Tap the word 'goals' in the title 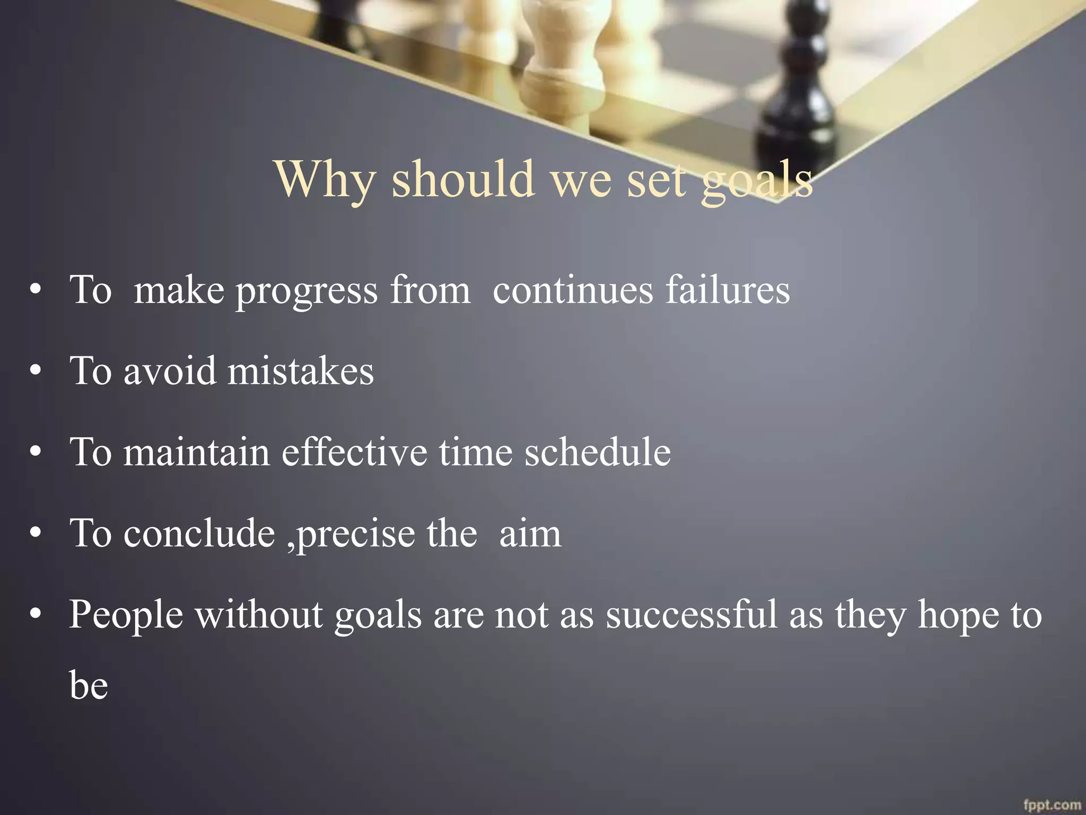[757, 180]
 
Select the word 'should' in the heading [463, 179]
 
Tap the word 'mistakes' [301, 371]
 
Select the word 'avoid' [170, 371]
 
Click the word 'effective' [354, 452]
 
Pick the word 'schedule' [598, 452]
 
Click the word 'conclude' [199, 533]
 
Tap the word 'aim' [530, 534]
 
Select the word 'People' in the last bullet [126, 615]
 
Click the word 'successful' [691, 614]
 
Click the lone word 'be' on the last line [89, 685]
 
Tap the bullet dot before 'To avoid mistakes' [36, 371]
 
